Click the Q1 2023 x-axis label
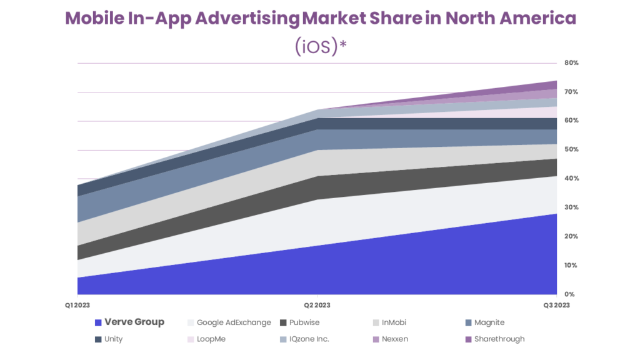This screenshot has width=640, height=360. point(78,305)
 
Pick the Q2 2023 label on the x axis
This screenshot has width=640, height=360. point(317,305)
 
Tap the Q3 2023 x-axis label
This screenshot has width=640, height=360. point(556,305)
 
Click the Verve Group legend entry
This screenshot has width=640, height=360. point(134,322)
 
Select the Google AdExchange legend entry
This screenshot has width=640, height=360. point(233,322)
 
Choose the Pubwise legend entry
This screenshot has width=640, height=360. point(305,322)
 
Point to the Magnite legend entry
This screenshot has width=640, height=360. point(489,322)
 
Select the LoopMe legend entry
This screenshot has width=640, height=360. point(211,339)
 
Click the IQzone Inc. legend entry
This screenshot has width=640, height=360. point(309,339)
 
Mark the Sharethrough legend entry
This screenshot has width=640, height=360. point(499,339)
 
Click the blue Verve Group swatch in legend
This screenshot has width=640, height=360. point(98,323)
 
